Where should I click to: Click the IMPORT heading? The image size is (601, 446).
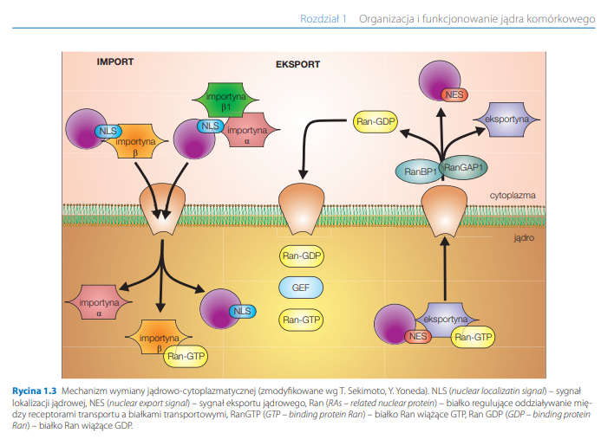click(x=114, y=61)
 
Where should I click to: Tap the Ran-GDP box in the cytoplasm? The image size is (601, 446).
click(x=375, y=122)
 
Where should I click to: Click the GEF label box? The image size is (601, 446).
click(x=300, y=287)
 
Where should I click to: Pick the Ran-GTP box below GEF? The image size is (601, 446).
click(x=300, y=320)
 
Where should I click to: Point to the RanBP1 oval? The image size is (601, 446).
click(x=418, y=171)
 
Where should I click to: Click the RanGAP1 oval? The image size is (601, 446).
click(x=463, y=166)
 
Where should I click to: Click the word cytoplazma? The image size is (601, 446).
click(x=512, y=196)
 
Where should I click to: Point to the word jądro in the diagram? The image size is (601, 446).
click(x=523, y=236)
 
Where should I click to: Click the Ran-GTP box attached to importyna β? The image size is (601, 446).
click(x=186, y=354)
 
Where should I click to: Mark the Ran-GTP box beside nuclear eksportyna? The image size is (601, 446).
click(x=474, y=336)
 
